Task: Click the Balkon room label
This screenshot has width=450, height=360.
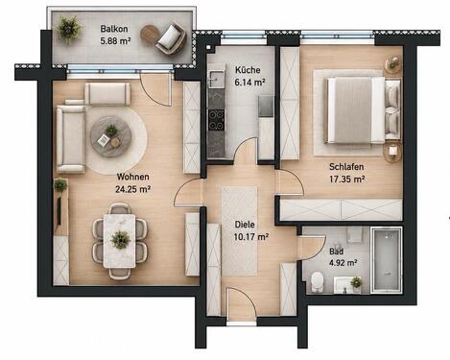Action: [114, 29]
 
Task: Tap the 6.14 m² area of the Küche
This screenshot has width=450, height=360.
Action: [249, 83]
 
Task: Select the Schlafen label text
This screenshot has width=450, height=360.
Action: [346, 167]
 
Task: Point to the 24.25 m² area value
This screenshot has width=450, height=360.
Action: [133, 189]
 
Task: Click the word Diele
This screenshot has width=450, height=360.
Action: [245, 225]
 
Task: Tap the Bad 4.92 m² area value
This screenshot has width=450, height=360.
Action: [343, 263]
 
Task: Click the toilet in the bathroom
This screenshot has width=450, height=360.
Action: [317, 281]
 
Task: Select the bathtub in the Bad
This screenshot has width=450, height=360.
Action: [387, 260]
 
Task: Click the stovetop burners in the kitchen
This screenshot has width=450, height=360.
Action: [216, 121]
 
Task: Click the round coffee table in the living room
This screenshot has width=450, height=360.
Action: [111, 136]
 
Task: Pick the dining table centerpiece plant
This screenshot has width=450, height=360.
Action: [120, 239]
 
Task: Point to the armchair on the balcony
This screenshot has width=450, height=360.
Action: [171, 38]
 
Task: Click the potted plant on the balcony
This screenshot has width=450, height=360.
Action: [69, 29]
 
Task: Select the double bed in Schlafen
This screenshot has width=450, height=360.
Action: [356, 110]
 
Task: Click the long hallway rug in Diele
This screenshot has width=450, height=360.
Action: [240, 231]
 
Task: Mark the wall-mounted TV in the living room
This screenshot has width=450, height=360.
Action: [59, 210]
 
